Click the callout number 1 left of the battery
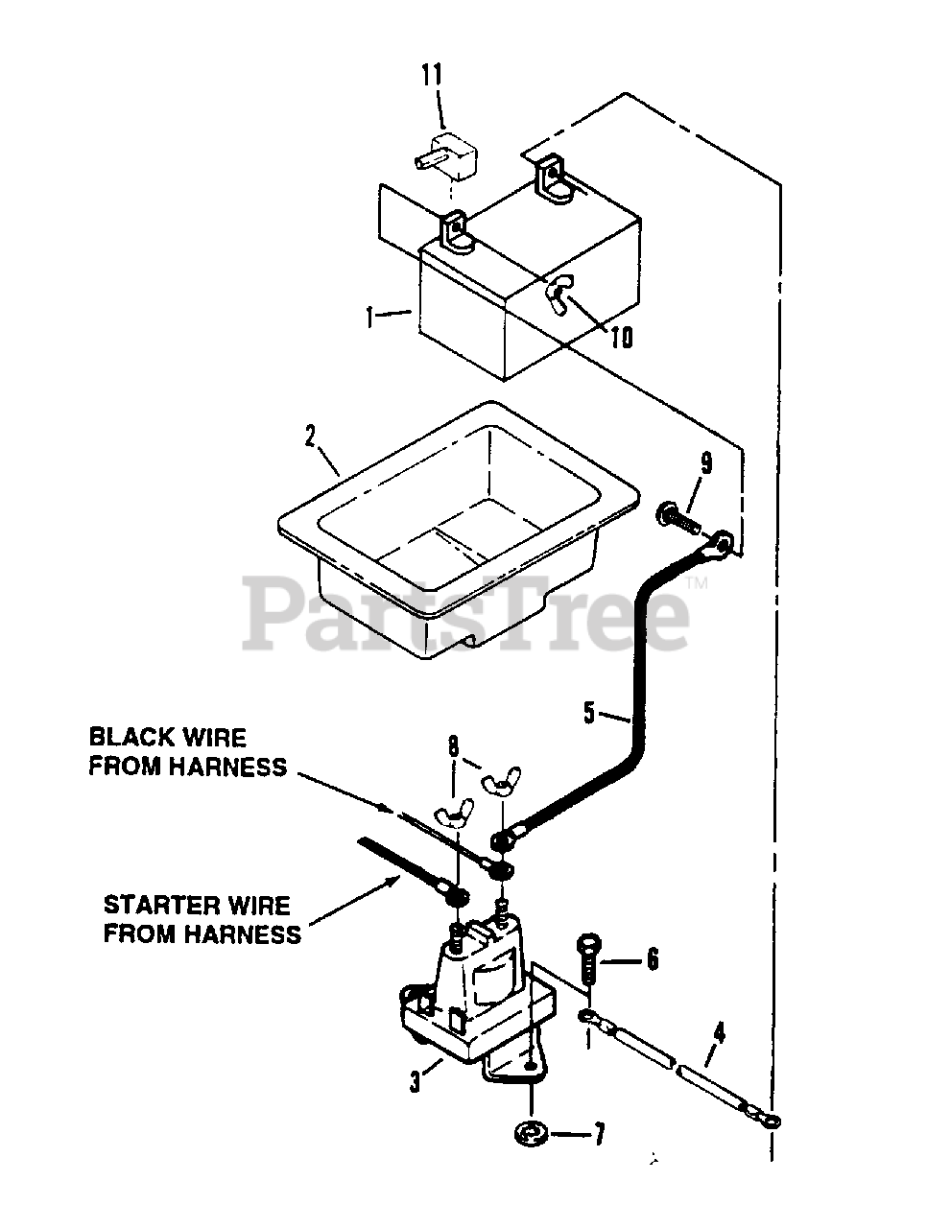[x=370, y=318]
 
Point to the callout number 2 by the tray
[x=310, y=437]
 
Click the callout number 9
[x=706, y=463]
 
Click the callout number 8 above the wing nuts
[x=454, y=744]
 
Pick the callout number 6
[x=653, y=958]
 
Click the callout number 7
[x=598, y=1136]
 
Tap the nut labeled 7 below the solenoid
[x=530, y=1134]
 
